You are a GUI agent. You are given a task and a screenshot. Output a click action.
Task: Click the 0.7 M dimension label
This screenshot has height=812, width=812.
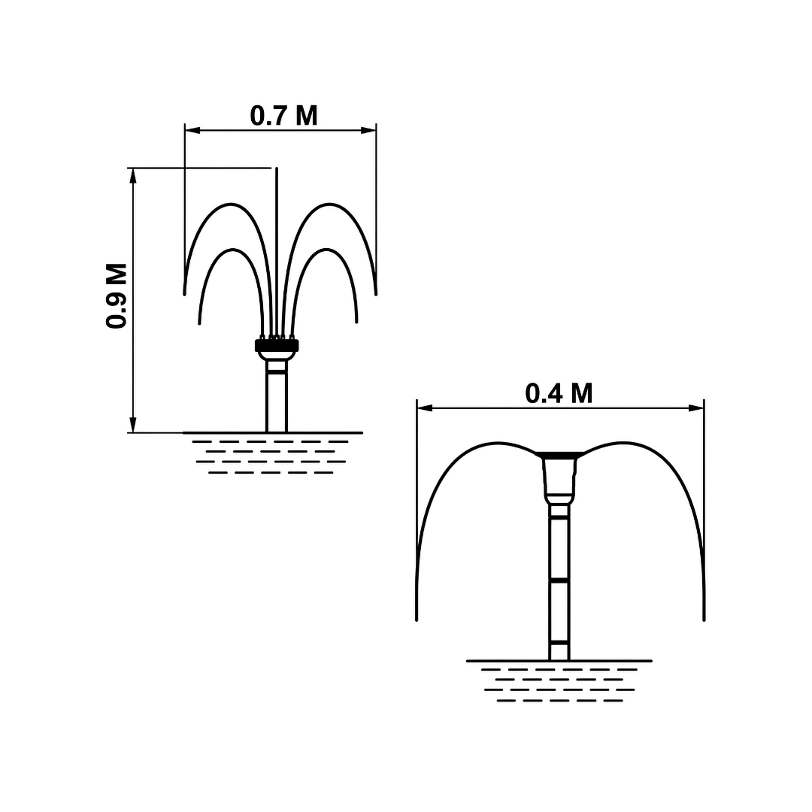283,116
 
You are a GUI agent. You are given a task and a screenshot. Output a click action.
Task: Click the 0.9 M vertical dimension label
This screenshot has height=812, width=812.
117,295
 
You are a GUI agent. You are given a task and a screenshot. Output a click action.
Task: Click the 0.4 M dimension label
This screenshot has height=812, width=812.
559,393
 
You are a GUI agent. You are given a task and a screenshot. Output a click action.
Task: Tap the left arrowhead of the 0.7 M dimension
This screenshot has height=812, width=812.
192,130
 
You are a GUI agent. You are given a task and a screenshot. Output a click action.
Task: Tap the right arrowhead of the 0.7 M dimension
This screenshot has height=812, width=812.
368,130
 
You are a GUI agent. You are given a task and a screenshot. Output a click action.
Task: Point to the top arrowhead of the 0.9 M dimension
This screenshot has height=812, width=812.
133,175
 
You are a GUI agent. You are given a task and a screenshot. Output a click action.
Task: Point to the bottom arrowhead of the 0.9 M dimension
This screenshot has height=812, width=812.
133,425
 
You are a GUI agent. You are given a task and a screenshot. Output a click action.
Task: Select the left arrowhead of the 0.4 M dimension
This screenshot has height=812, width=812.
424,408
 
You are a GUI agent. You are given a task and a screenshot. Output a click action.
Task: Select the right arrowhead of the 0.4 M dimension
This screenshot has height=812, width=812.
696,408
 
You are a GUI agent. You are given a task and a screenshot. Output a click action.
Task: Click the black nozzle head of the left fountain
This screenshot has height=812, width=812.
277,345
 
